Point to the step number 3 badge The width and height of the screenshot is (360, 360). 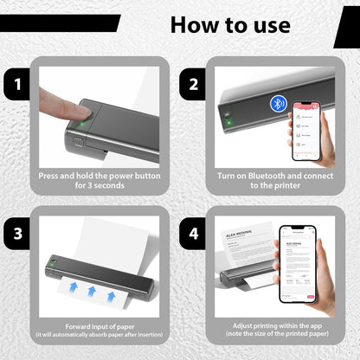coord(17,234)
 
